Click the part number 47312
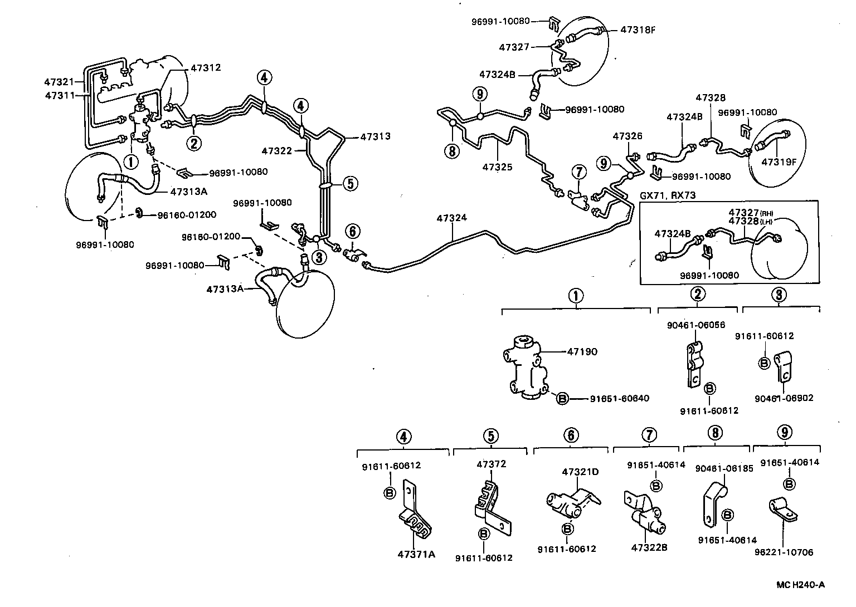pyautogui.click(x=206, y=68)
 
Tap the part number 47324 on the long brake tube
pyautogui.click(x=452, y=219)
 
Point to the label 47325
pyautogui.click(x=497, y=167)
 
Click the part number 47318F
pyautogui.click(x=638, y=30)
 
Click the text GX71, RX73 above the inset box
pyautogui.click(x=668, y=195)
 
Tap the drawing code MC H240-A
pyautogui.click(x=800, y=584)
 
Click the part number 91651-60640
pyautogui.click(x=619, y=398)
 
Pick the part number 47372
pyautogui.click(x=491, y=464)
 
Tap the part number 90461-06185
pyautogui.click(x=723, y=468)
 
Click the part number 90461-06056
pyautogui.click(x=696, y=325)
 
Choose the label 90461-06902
pyautogui.click(x=784, y=398)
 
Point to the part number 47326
pyautogui.click(x=628, y=136)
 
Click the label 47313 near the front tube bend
pyautogui.click(x=375, y=136)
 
